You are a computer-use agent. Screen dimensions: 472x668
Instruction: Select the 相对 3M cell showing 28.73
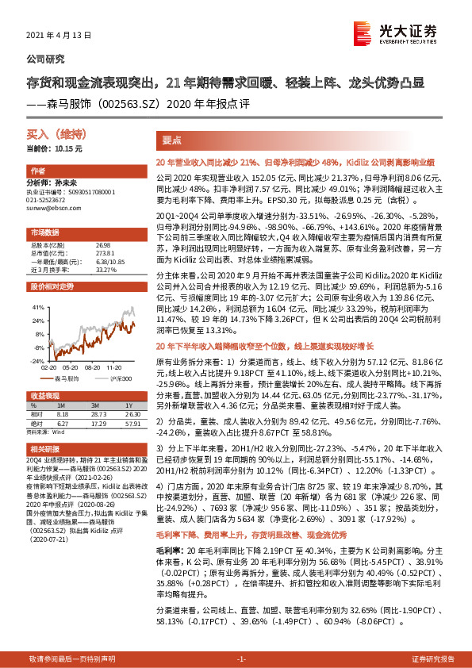[x=99, y=413]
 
